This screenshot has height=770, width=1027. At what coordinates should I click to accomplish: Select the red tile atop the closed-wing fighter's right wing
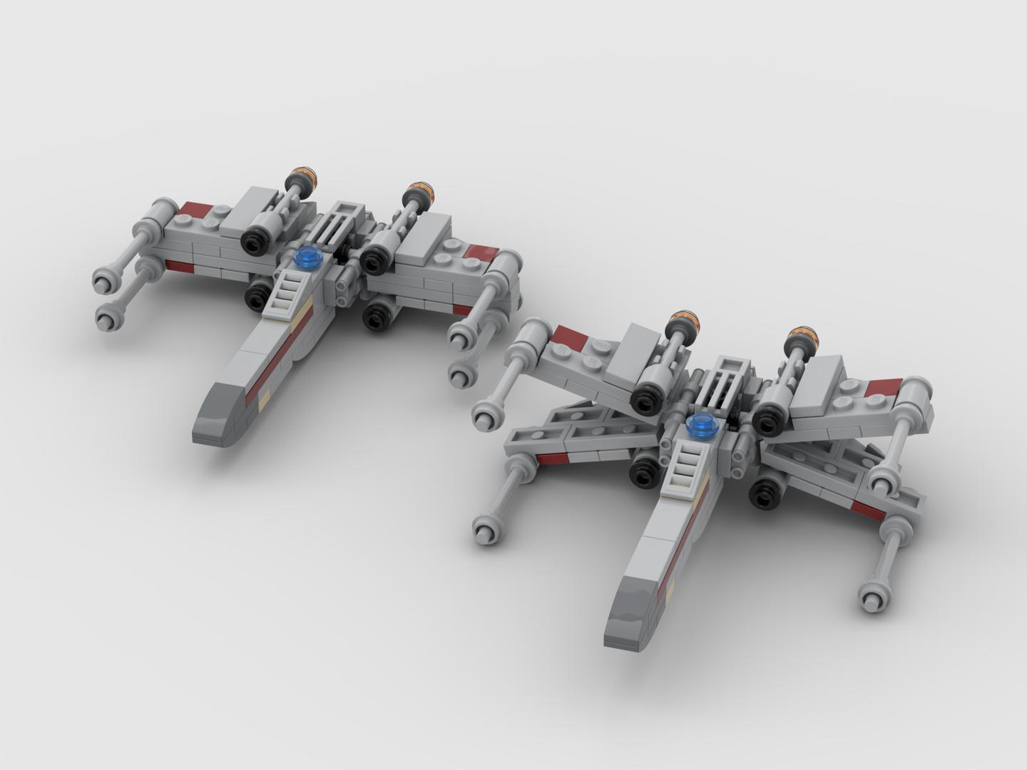pyautogui.click(x=483, y=251)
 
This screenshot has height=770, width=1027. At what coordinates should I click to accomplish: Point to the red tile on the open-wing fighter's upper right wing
pyautogui.click(x=883, y=389)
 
